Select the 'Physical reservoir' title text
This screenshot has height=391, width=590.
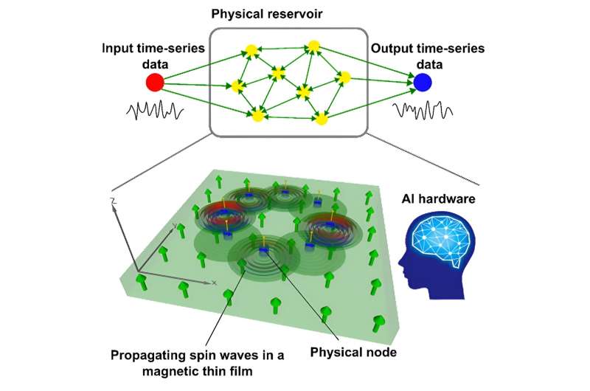click(x=287, y=14)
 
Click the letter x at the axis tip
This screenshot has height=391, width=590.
click(x=214, y=283)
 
